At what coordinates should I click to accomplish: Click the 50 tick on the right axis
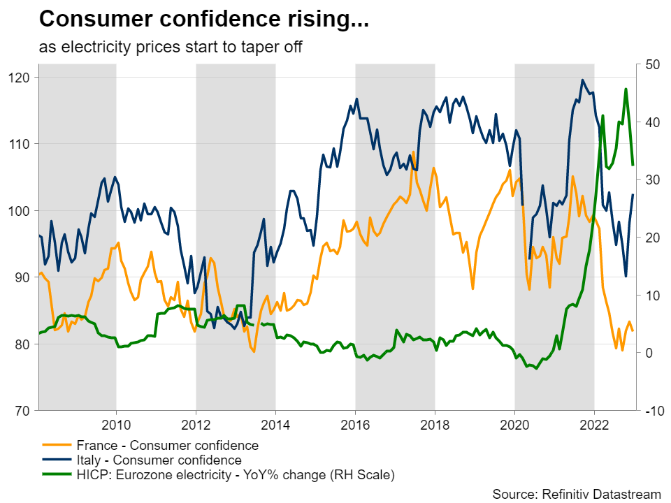pos(651,64)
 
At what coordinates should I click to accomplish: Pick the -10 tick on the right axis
pos(654,411)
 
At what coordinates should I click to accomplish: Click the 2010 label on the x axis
pos(115,425)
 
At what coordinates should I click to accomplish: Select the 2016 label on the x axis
pos(355,425)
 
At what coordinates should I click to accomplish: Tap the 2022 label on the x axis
pos(594,425)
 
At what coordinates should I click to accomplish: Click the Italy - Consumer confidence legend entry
pos(157,460)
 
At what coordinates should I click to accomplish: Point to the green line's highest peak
pos(626,89)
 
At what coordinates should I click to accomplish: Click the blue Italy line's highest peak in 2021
pos(582,80)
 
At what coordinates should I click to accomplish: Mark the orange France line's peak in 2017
pos(413,152)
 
